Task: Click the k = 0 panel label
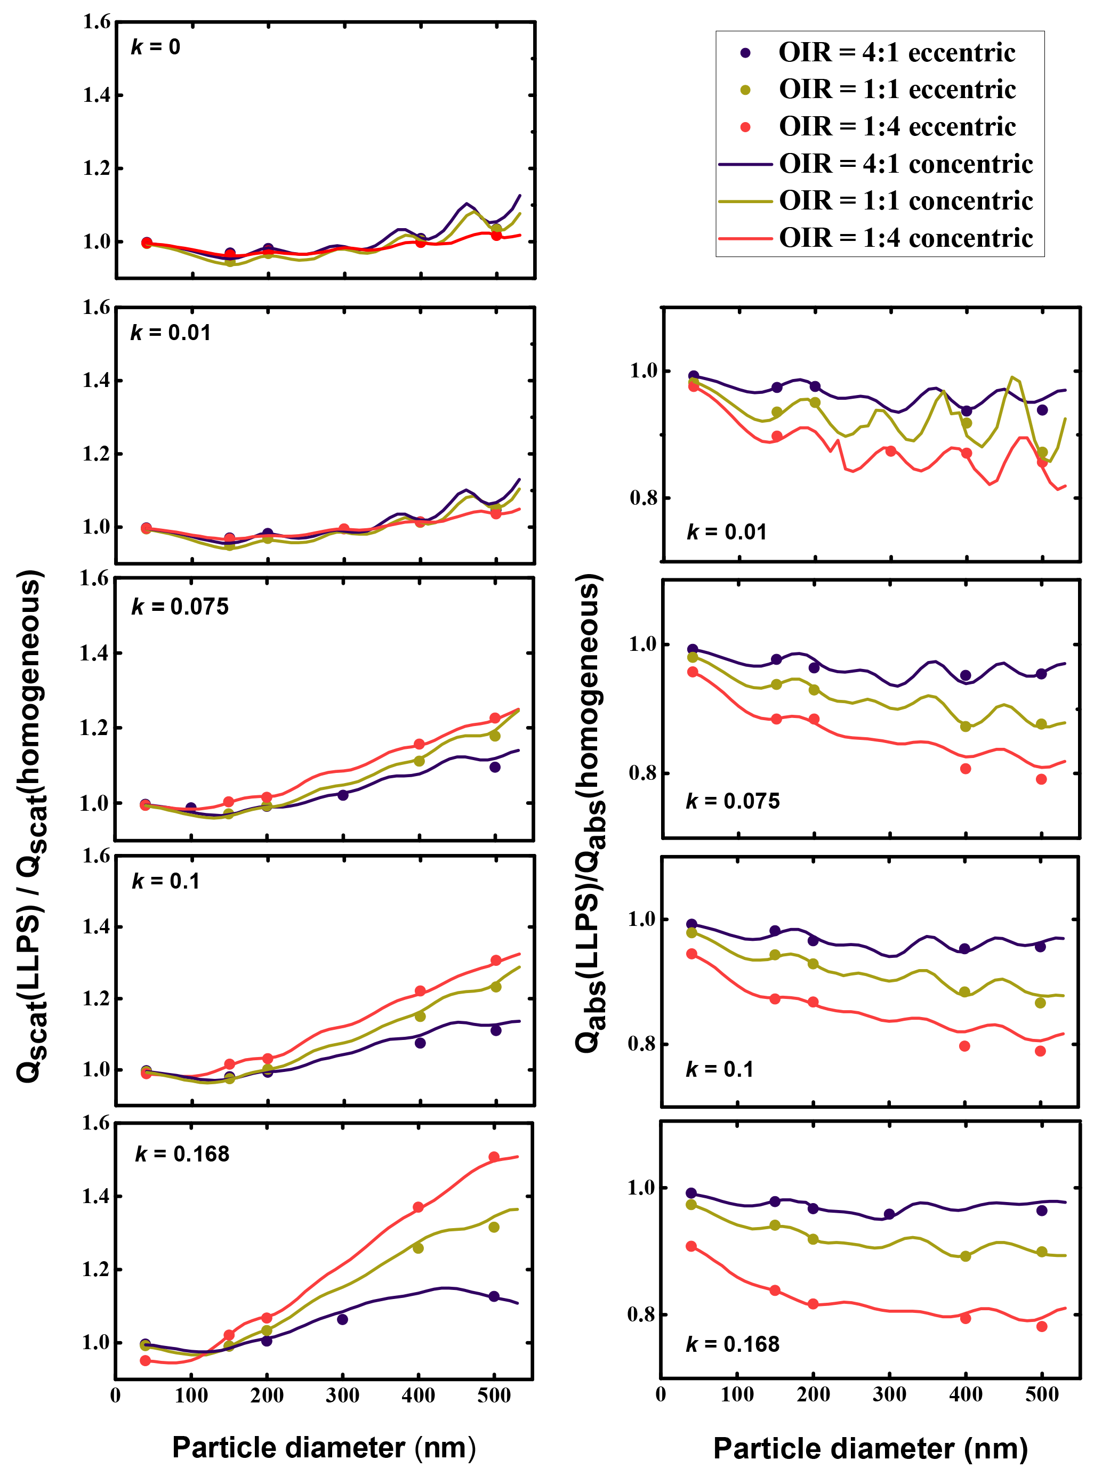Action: point(156,47)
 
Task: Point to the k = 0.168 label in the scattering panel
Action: point(182,1154)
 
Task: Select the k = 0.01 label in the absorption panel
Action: point(727,532)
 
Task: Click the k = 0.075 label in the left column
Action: point(180,607)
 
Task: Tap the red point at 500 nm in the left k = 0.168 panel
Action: point(494,1157)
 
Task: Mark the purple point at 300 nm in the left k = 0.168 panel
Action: point(342,1319)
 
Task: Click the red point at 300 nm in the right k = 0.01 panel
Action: point(890,451)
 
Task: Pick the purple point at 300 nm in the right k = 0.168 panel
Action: point(889,1214)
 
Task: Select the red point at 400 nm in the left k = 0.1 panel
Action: point(420,991)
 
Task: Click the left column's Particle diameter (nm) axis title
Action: point(324,1448)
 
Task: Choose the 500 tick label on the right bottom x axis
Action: point(1041,1394)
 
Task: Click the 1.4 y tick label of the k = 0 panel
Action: point(96,95)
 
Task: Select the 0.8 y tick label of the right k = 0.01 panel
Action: point(643,498)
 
